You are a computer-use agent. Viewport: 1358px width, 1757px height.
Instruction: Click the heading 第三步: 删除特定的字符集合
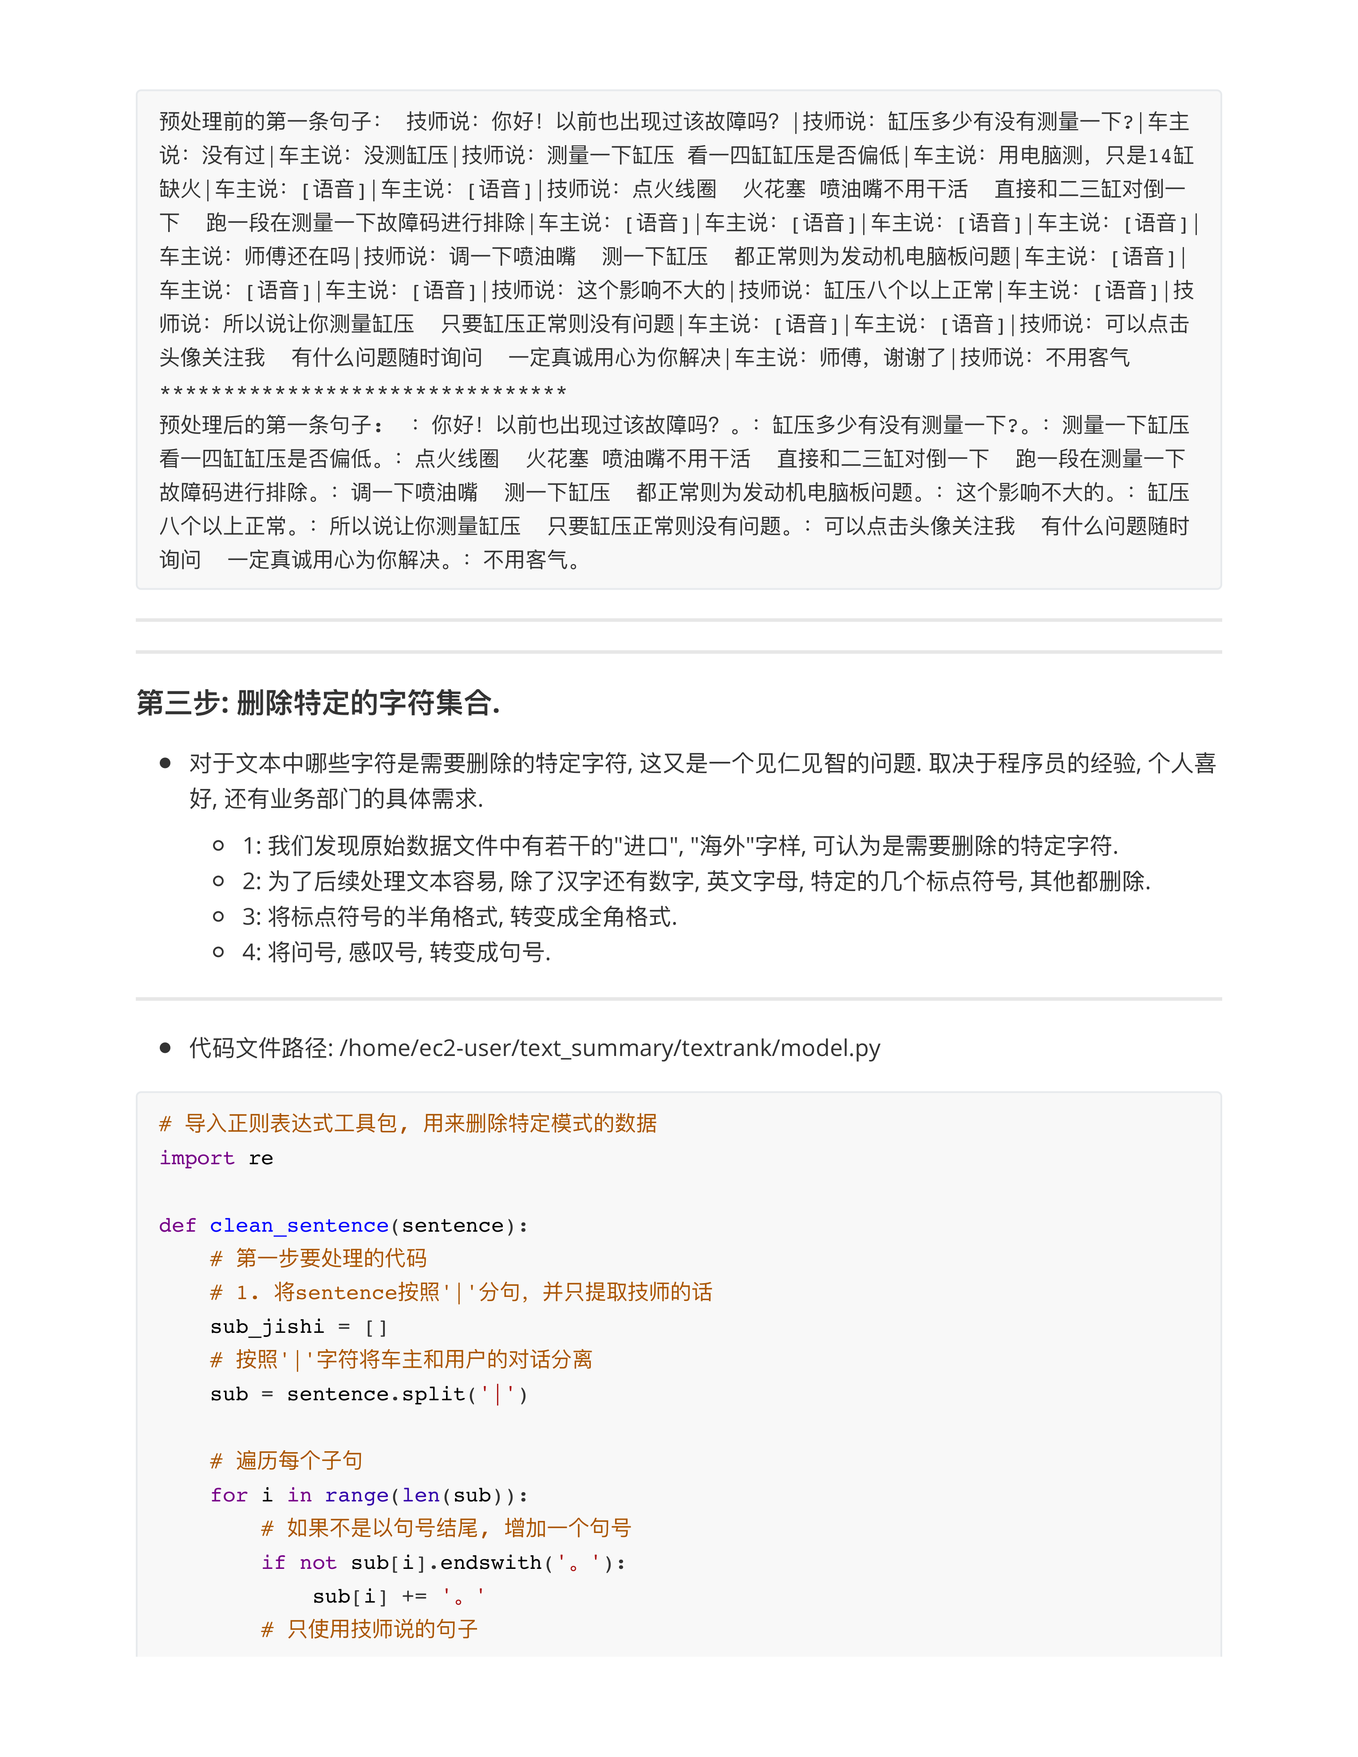(318, 702)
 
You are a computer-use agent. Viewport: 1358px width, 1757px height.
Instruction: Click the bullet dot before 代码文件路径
(165, 1048)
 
